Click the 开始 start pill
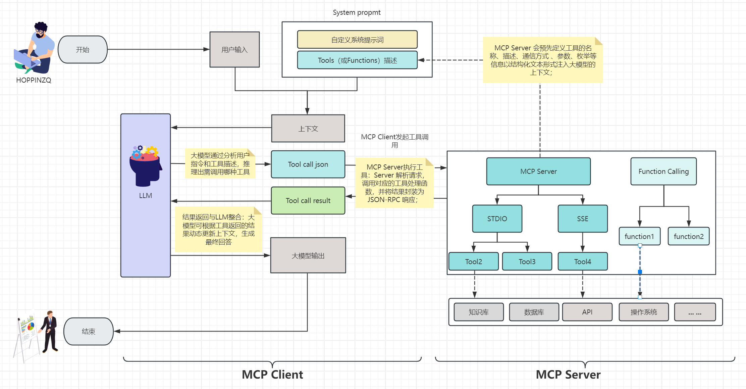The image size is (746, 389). [83, 50]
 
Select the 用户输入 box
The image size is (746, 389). [234, 50]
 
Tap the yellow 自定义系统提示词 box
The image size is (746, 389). [357, 40]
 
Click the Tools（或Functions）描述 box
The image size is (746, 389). [357, 60]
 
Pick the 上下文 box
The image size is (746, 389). [308, 129]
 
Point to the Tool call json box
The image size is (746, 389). [308, 164]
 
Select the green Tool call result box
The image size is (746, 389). [308, 201]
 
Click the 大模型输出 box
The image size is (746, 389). [308, 255]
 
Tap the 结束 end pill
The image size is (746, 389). [89, 331]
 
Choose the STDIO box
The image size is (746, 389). [497, 219]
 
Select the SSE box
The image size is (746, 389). [583, 219]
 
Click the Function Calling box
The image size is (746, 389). [663, 172]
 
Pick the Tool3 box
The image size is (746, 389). [527, 261]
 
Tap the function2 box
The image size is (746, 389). [689, 236]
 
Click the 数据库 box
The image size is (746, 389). [534, 312]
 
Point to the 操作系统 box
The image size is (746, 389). [644, 312]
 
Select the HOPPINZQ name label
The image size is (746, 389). [34, 80]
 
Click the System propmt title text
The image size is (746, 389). [357, 12]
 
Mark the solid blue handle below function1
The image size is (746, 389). [640, 272]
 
